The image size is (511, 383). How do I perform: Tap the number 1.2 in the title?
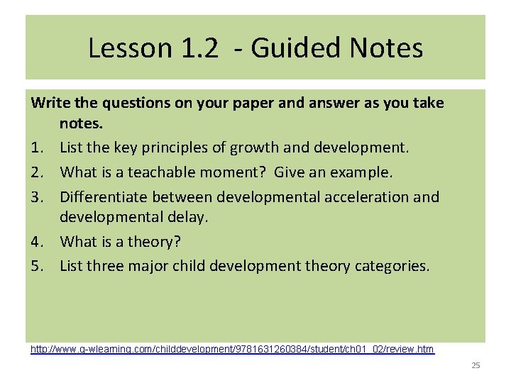point(195,48)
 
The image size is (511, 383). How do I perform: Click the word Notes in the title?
point(387,48)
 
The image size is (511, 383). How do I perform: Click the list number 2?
point(37,172)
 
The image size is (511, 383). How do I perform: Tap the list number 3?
point(37,196)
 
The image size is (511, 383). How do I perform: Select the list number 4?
point(37,242)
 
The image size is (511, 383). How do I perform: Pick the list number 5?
point(37,266)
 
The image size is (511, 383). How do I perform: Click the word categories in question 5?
point(392,266)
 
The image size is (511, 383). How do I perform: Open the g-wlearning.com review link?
point(232,349)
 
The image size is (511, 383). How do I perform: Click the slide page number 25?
point(476,365)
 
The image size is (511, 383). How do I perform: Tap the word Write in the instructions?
point(50,103)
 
